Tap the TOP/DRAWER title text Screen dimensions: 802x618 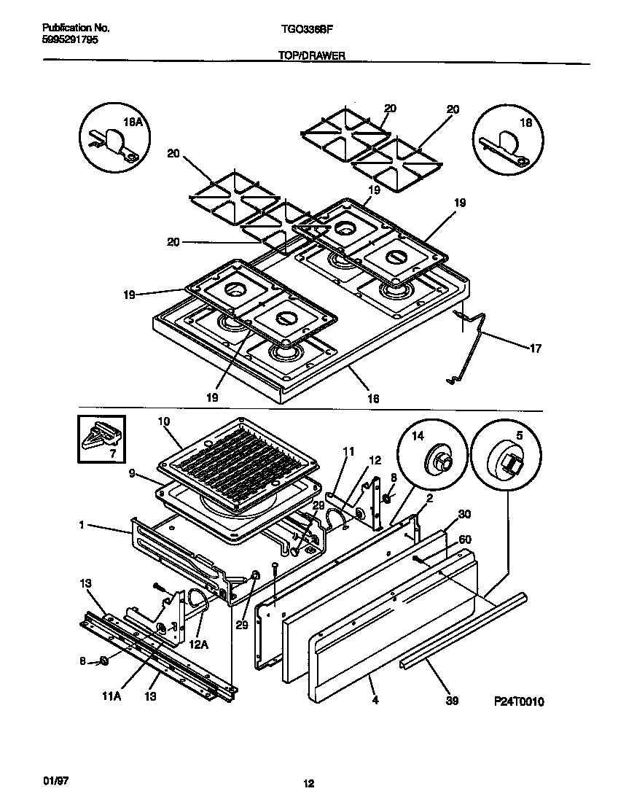[311, 55]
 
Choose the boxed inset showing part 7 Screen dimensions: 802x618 [101, 439]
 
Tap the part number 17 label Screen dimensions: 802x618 [534, 349]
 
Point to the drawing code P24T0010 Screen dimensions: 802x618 [519, 701]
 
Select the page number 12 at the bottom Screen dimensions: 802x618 [308, 784]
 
